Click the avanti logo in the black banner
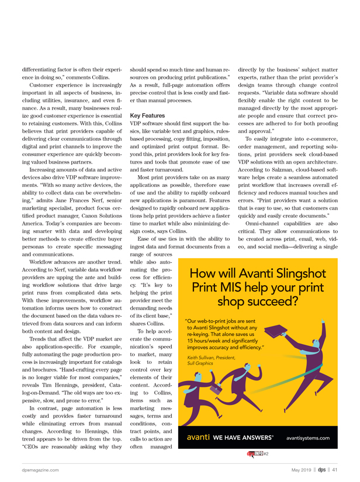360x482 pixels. click(x=198, y=436)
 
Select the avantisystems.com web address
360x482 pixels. click(x=308, y=437)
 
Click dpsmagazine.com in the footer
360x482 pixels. click(x=40, y=469)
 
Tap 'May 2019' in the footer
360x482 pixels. click(x=303, y=469)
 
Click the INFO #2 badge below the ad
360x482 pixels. click(x=257, y=453)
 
